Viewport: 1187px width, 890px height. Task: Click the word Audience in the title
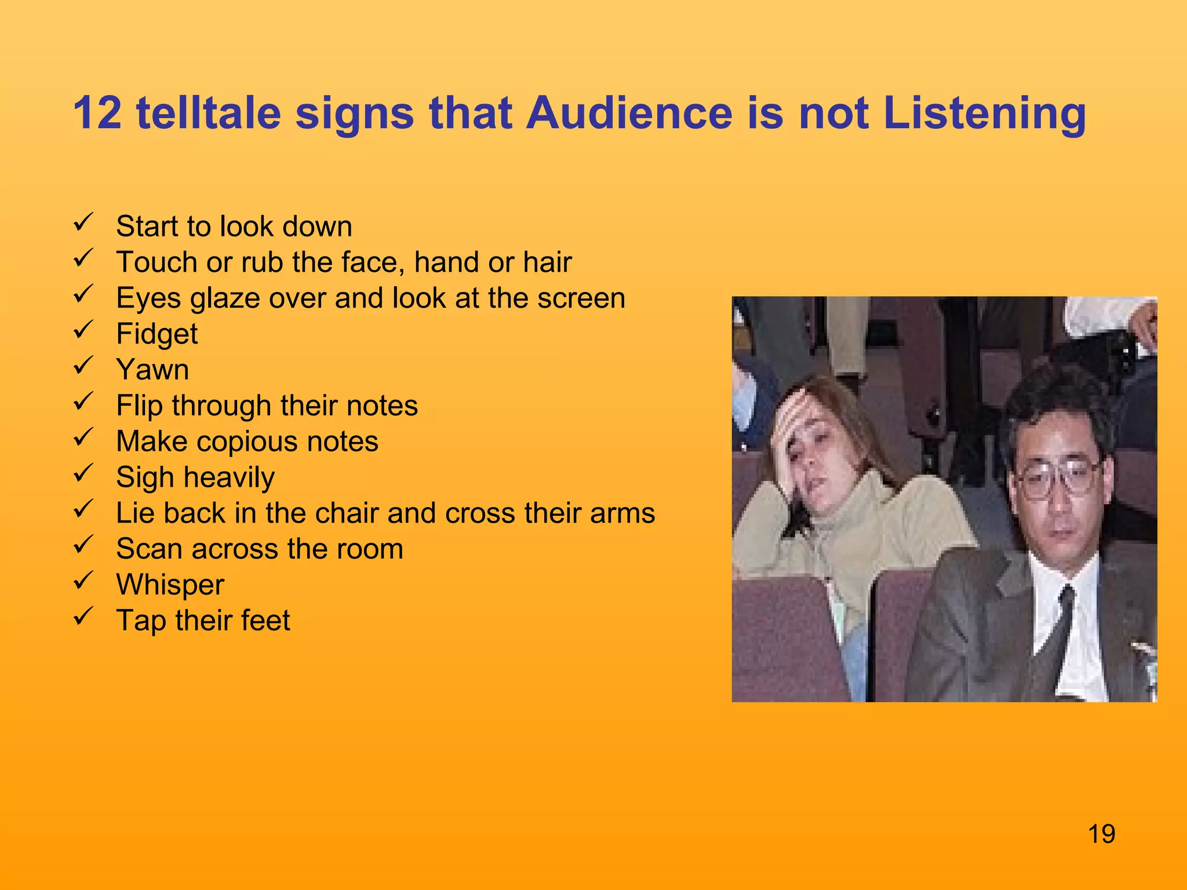click(629, 112)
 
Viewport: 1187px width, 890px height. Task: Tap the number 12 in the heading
click(97, 112)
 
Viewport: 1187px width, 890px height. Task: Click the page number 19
click(1101, 834)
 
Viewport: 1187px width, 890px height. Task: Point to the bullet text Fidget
click(156, 334)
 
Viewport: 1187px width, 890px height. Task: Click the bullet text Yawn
click(152, 370)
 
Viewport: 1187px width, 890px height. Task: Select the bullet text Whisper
click(170, 584)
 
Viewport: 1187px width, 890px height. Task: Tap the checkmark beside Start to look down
click(83, 222)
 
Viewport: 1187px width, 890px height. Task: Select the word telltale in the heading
click(209, 112)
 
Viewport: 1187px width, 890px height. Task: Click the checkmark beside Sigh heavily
click(83, 473)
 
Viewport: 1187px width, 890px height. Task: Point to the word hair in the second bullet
click(547, 262)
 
